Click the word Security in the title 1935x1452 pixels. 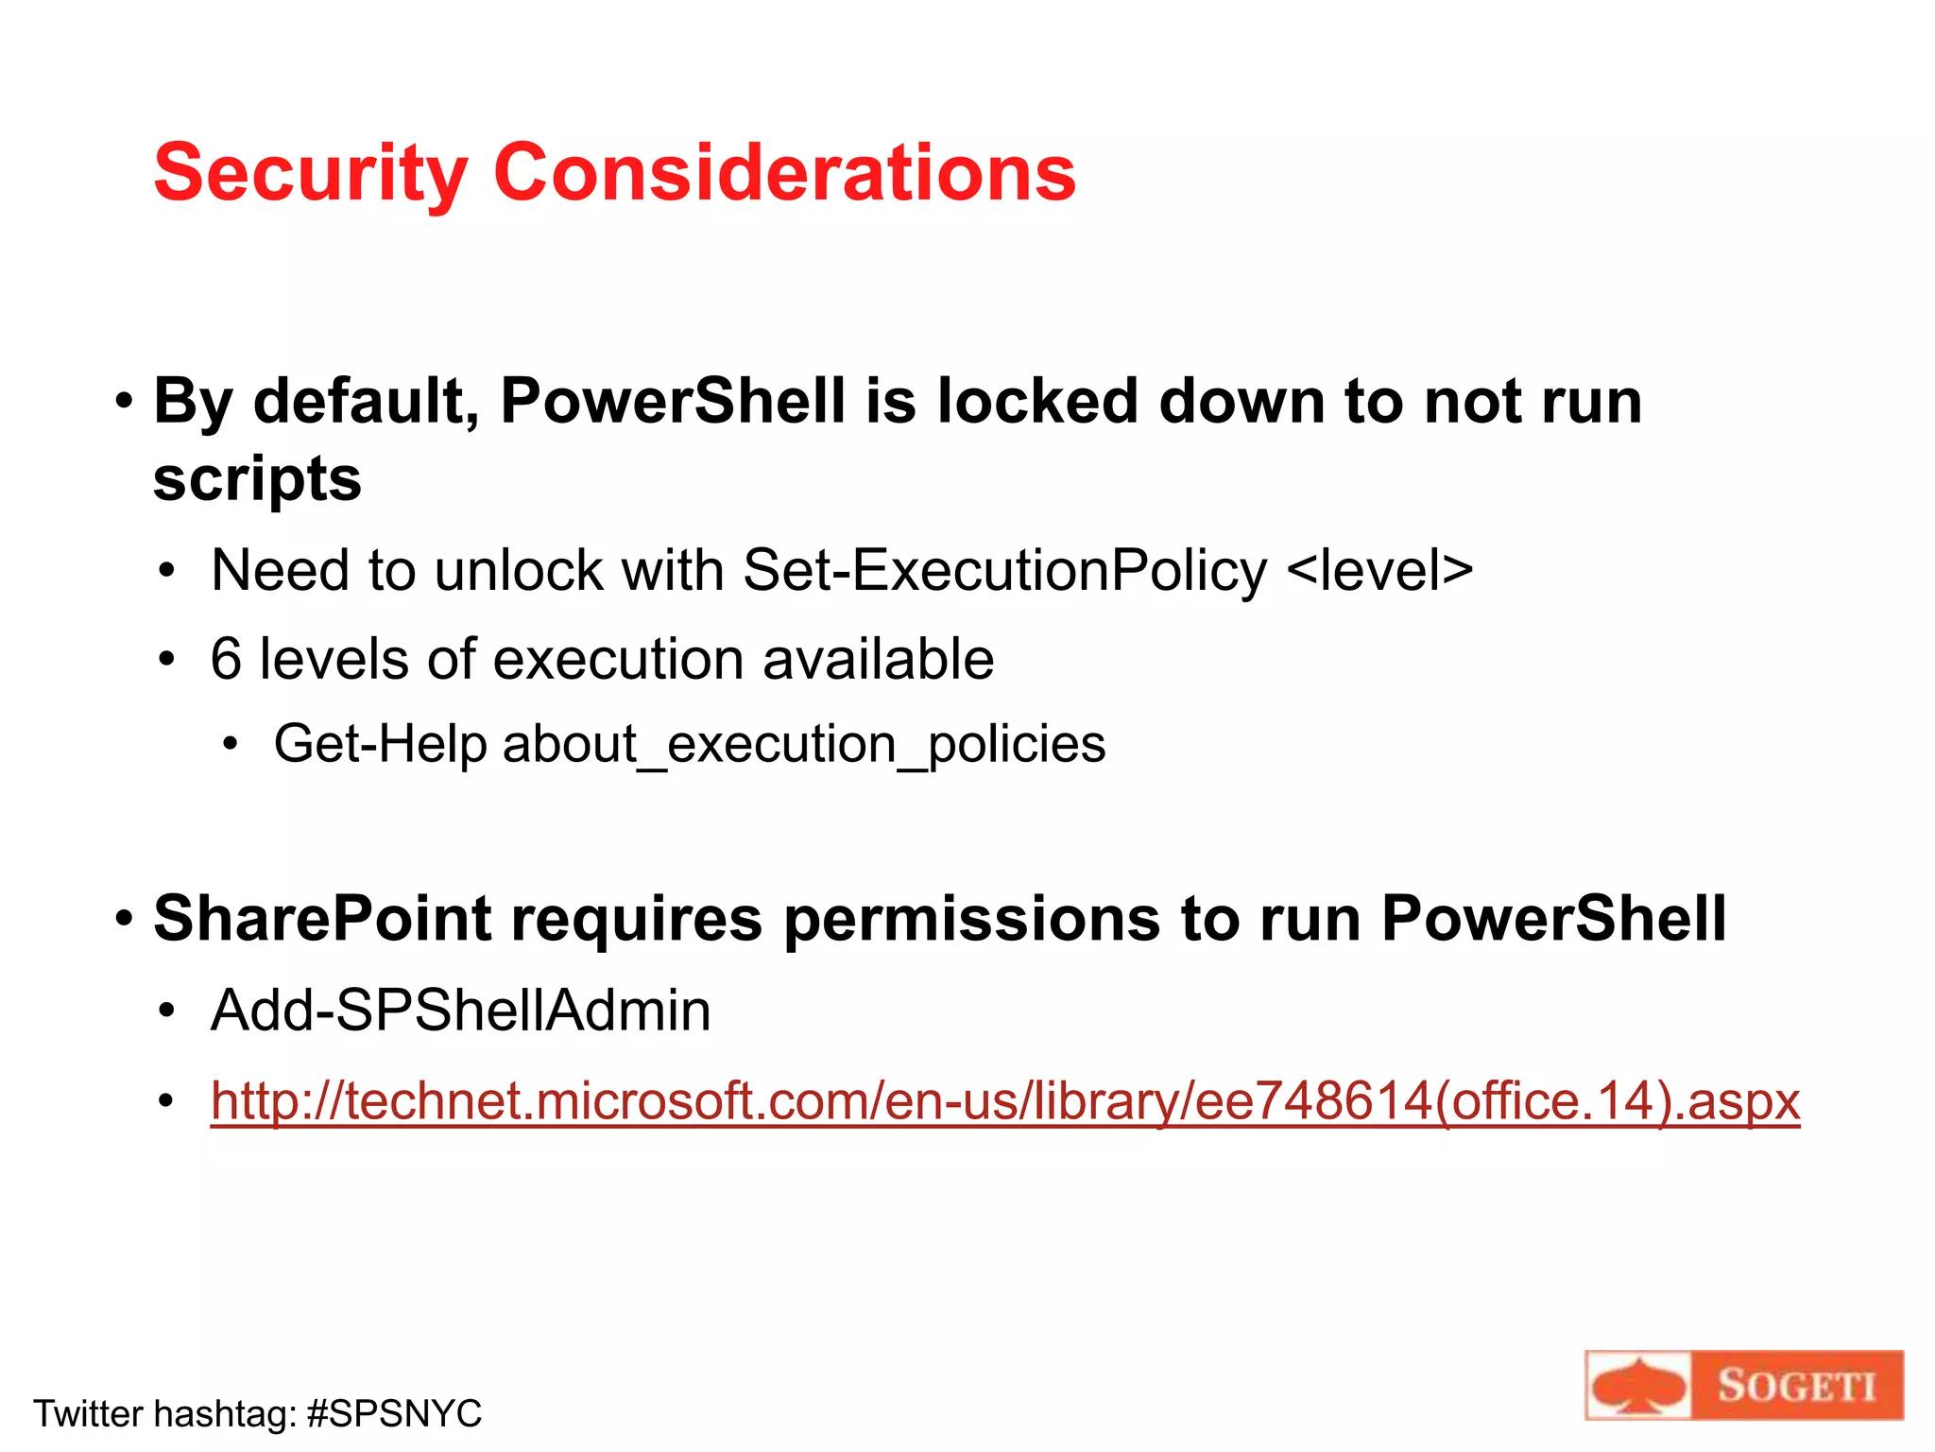310,175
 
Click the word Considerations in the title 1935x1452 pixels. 784,173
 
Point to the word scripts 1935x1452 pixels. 257,480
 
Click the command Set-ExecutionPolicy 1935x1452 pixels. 1004,571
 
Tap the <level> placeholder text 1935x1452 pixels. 1379,571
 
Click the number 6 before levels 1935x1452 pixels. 226,659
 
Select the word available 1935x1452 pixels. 878,659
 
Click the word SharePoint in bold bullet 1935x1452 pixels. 322,919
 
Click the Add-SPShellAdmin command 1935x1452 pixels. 460,1011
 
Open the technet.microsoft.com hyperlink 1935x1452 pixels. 1004,1102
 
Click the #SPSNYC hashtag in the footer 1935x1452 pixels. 394,1414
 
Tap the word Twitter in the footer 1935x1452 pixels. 88,1414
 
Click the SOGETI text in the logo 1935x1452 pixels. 1796,1387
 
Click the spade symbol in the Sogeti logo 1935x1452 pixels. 1637,1387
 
